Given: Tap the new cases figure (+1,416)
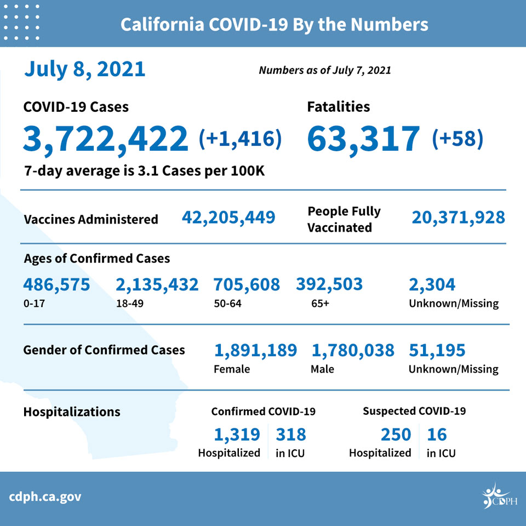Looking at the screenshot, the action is click(240, 139).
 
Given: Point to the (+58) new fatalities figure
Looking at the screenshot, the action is click(458, 139).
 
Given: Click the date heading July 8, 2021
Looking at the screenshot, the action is click(84, 70).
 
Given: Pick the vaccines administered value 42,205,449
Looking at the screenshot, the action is click(228, 218).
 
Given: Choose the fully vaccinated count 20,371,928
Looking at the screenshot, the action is click(458, 218).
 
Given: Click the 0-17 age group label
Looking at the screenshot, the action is click(34, 304).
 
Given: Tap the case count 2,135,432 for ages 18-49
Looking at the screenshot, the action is click(157, 285).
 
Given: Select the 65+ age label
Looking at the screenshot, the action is click(320, 304).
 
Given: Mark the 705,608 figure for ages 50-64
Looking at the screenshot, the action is click(247, 285).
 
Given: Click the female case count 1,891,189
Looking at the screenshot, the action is click(256, 351).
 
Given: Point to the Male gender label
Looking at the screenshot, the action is click(322, 369).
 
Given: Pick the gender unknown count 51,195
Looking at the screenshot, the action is click(437, 351).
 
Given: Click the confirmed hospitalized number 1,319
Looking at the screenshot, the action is click(237, 434).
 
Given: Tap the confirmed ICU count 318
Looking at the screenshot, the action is click(291, 434).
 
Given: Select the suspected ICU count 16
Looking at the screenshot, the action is click(437, 434).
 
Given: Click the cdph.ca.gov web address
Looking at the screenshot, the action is click(45, 497).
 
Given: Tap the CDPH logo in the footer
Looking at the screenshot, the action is click(500, 496).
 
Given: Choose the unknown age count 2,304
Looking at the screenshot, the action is click(432, 285).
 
